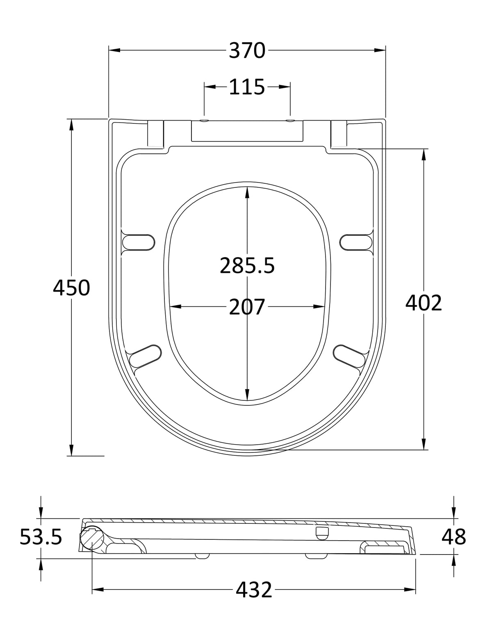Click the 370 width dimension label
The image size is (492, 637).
click(247, 50)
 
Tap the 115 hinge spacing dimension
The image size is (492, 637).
click(247, 87)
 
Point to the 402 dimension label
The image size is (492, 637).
click(424, 303)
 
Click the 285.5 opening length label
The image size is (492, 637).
click(247, 266)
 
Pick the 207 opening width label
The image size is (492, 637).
click(247, 307)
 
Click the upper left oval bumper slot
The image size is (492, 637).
click(138, 242)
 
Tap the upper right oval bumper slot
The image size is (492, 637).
click(356, 242)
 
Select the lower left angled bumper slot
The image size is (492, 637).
click(145, 356)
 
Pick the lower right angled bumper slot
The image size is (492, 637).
click(349, 356)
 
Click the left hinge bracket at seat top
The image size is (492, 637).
click(155, 133)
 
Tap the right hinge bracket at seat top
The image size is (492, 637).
click(339, 133)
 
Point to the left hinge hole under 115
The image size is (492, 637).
click(204, 121)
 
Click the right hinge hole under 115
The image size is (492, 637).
click(290, 121)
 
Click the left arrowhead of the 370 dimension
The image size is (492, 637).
click(114, 50)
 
